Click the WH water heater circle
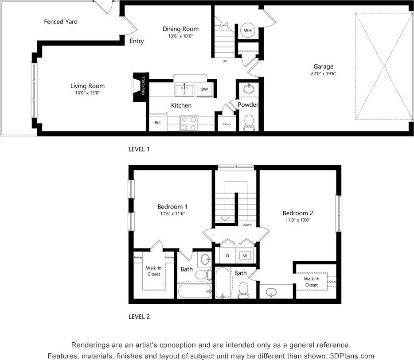tap(248, 31)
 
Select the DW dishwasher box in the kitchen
tap(204, 89)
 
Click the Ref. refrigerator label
tap(158, 123)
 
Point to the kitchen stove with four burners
tap(189, 123)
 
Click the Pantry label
tap(227, 124)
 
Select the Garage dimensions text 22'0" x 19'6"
tap(323, 74)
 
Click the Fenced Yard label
tap(61, 22)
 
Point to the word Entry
tap(137, 41)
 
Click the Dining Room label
tap(180, 29)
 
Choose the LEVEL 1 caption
tap(139, 149)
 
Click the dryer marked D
tap(227, 255)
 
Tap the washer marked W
tap(244, 255)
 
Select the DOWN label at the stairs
tap(247, 225)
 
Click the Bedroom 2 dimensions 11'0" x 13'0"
tap(298, 220)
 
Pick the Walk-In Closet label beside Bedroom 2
tap(311, 282)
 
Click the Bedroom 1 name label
tap(172, 206)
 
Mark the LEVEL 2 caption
tap(139, 317)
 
